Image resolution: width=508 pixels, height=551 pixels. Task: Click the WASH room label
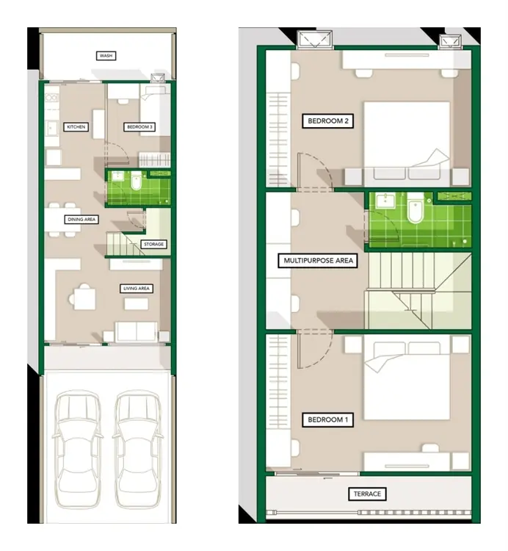point(106,56)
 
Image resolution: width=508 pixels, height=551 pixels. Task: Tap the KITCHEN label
point(76,127)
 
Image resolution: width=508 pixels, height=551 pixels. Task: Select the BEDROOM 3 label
point(139,127)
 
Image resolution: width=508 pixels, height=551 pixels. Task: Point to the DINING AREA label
point(81,219)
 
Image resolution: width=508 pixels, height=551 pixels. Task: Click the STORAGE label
point(153,244)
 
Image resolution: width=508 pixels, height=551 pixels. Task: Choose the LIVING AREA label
point(137,289)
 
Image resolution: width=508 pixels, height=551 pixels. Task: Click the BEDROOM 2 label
point(328,121)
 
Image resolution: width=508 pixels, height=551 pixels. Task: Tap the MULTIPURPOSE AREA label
point(318,261)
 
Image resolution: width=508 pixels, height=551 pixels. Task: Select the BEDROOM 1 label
point(328,419)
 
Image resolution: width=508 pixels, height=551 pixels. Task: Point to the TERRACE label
point(367,494)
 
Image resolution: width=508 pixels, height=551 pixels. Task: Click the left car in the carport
point(78,449)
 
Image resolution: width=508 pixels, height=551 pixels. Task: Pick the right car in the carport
point(137,449)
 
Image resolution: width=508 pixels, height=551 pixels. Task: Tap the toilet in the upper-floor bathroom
point(416,209)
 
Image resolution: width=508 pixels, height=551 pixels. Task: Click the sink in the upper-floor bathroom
point(385,201)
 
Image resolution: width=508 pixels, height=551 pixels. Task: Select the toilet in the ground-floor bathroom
point(136,181)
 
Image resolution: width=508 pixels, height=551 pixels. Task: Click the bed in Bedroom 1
point(407,378)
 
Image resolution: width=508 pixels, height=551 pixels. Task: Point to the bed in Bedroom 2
point(407,144)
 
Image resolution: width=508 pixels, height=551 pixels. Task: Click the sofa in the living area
point(137,332)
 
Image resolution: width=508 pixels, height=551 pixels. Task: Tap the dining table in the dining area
point(62,220)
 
